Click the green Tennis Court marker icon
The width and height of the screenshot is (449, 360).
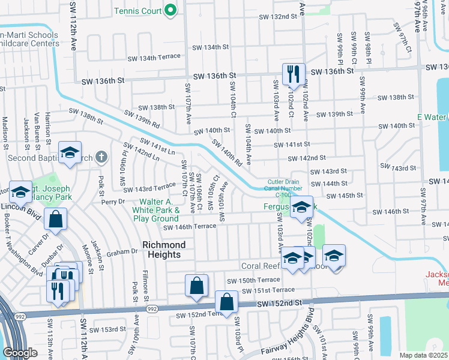point(170,10)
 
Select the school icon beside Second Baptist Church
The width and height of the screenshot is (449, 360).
point(70,154)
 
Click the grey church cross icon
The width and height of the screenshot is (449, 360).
point(101,157)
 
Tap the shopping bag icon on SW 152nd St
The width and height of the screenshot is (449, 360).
point(226,303)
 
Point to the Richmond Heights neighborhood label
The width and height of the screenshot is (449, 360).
point(164,250)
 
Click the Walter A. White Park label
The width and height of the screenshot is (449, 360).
point(160,210)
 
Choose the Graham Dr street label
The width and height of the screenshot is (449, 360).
point(122,253)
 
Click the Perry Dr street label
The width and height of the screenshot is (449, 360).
point(112,202)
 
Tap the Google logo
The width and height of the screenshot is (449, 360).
point(20,353)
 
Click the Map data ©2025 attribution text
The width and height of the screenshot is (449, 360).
point(423,355)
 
